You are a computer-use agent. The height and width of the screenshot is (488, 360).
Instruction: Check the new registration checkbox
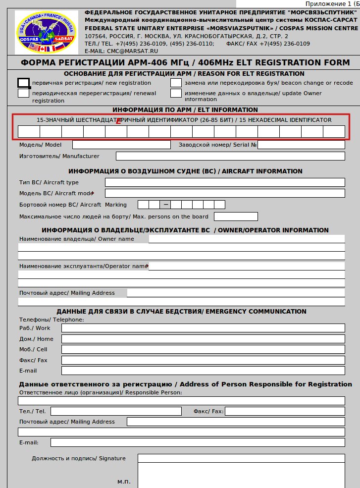coord(23,83)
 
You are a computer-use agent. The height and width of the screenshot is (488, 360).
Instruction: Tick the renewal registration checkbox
coord(23,93)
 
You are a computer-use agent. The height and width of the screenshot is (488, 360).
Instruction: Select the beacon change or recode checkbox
coord(176,83)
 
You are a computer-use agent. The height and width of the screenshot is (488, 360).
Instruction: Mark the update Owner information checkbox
coord(176,93)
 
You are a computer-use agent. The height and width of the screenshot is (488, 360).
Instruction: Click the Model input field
coord(121,145)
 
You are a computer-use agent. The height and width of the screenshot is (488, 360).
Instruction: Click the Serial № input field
coord(301,145)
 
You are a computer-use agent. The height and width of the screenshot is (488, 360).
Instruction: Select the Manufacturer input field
coord(230,156)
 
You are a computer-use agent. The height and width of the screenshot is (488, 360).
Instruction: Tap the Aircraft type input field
coord(225,182)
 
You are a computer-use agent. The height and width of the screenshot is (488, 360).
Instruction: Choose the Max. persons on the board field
coord(236,217)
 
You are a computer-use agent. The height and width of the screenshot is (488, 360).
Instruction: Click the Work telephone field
coord(203,328)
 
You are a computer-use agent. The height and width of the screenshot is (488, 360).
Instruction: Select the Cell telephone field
coord(203,349)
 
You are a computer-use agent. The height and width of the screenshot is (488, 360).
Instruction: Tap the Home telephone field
coord(203,339)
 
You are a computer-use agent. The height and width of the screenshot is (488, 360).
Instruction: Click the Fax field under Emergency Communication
coord(203,360)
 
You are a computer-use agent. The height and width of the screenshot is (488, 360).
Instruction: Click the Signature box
coord(241,471)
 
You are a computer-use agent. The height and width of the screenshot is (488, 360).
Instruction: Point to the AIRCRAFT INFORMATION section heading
coord(185,171)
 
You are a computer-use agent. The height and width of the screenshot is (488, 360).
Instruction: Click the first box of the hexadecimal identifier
coord(29,131)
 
